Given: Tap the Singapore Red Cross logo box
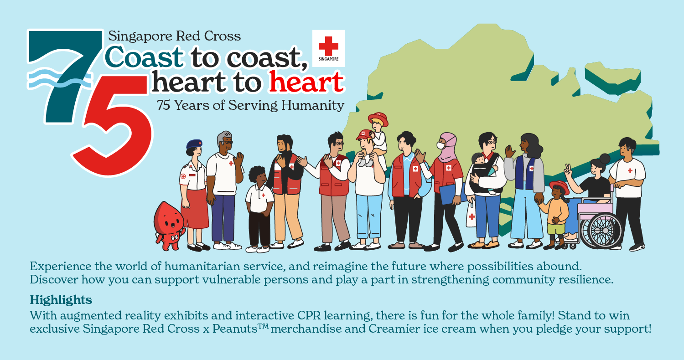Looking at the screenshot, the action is (x=329, y=48).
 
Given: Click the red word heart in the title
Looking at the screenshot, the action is (x=306, y=82).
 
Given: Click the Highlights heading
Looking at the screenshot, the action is (x=61, y=300).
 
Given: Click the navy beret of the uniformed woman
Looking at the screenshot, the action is (x=194, y=144).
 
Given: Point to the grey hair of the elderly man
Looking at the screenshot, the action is (x=223, y=137).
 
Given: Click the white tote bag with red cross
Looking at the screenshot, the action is (x=471, y=215).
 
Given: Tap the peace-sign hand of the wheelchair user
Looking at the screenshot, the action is (x=568, y=170).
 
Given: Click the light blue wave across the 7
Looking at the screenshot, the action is (x=60, y=78).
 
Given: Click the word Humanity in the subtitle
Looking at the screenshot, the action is (x=313, y=105).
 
